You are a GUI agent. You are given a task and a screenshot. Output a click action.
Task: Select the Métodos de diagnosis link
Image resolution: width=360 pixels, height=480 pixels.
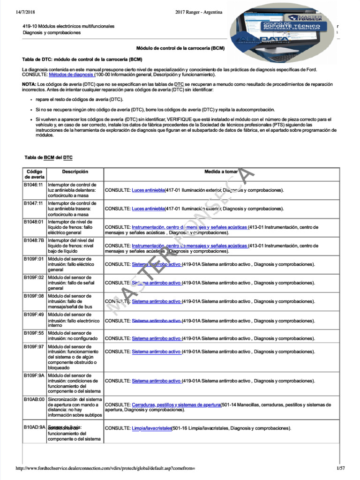tap(71, 75)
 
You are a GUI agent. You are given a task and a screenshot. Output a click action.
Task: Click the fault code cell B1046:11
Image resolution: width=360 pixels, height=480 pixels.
tap(34, 185)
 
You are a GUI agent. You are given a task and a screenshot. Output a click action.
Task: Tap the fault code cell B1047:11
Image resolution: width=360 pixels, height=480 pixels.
tap(34, 203)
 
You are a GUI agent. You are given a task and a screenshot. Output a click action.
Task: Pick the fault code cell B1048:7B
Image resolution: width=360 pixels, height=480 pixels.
tap(34, 240)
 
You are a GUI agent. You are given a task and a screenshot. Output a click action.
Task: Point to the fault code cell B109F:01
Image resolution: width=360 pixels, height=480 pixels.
tap(34, 259)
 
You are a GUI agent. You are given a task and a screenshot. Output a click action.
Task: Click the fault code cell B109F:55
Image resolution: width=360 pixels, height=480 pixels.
tap(34, 333)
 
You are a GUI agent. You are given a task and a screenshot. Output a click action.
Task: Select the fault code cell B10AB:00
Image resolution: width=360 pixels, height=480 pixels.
tap(34, 399)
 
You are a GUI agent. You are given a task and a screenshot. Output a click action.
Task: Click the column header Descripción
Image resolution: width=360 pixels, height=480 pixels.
tap(75, 172)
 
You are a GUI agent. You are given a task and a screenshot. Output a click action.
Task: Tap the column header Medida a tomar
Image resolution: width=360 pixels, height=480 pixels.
tap(221, 172)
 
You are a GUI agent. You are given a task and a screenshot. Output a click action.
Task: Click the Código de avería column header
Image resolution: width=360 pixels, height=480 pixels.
tap(35, 174)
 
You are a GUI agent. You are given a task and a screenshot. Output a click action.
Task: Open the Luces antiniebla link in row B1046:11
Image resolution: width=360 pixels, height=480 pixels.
tap(148, 190)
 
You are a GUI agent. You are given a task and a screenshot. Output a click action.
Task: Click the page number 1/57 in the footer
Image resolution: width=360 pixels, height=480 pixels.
tap(340, 468)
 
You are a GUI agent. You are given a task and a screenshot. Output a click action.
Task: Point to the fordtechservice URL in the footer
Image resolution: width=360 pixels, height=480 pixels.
tap(105, 468)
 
